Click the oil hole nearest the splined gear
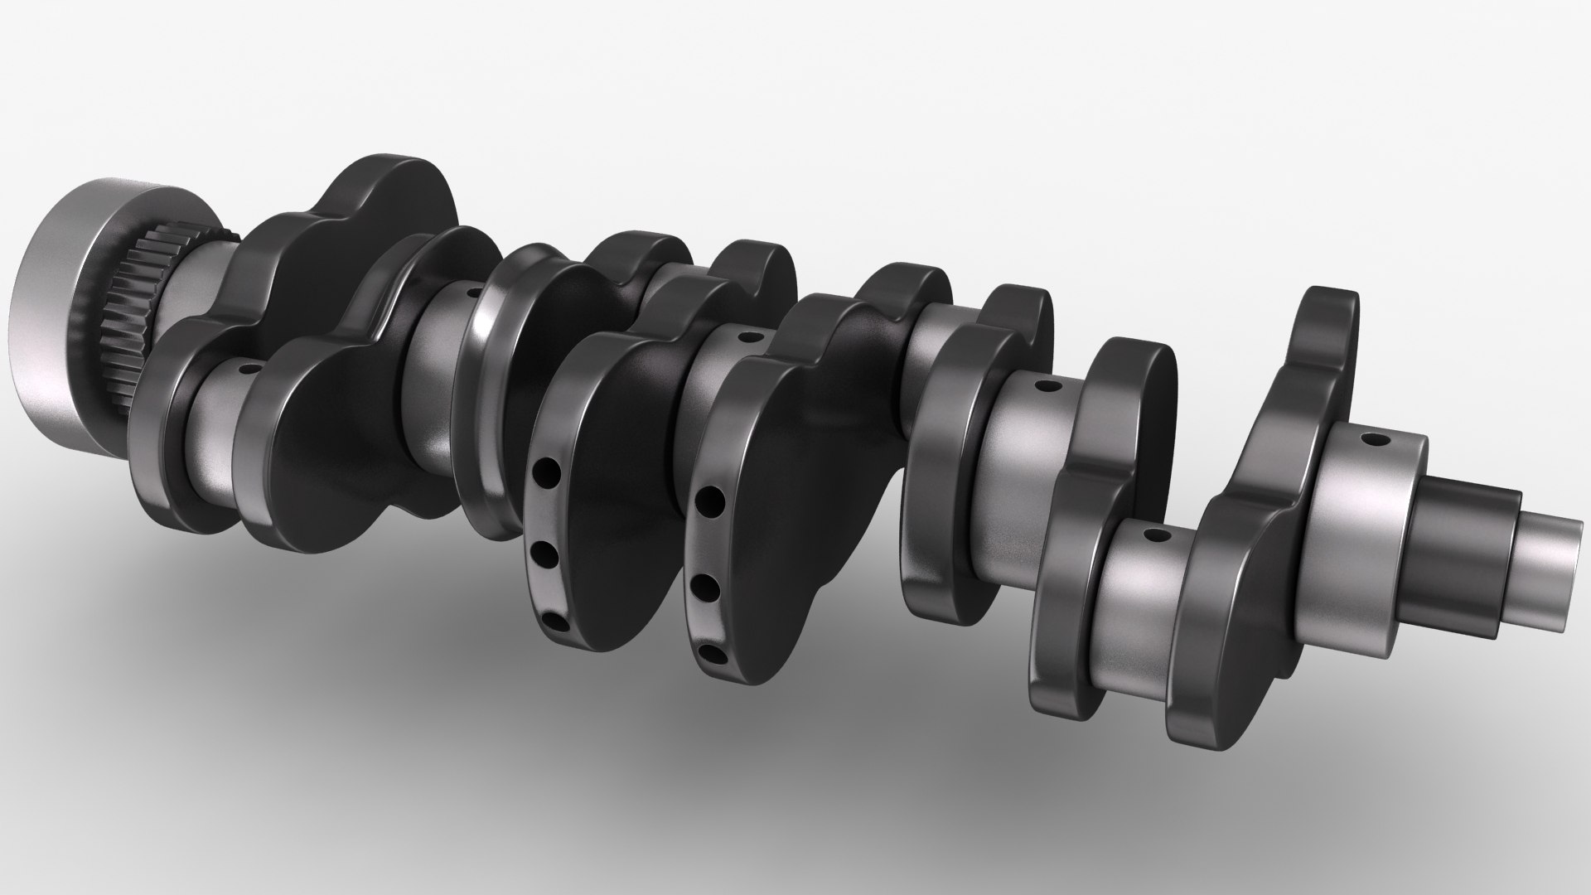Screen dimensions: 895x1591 coord(246,367)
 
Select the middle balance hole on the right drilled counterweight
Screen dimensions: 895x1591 coord(706,584)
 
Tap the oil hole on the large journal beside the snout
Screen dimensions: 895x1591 coord(1376,439)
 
